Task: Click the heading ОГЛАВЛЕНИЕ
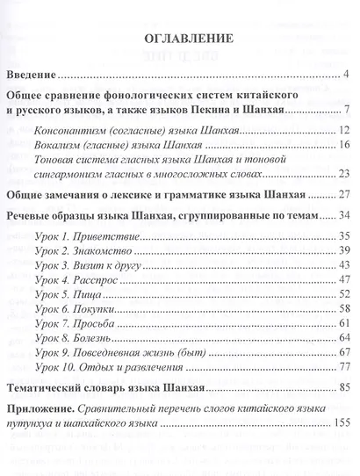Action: point(179,40)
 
